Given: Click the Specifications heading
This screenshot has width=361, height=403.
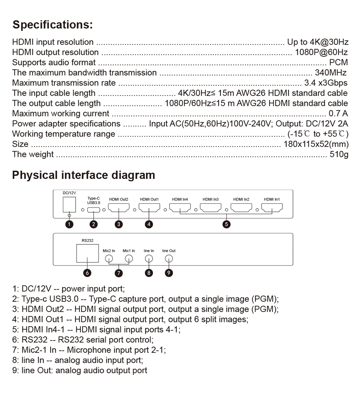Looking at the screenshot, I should (x=52, y=25).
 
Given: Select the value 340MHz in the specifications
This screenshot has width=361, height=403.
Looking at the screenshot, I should (x=331, y=72).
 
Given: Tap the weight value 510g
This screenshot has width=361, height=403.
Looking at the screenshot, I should (x=339, y=154).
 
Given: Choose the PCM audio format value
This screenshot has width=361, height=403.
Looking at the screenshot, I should (x=338, y=62).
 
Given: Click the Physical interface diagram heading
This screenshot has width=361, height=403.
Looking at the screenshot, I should (x=83, y=175).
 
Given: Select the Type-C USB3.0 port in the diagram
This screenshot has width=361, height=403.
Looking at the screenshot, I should (x=93, y=210).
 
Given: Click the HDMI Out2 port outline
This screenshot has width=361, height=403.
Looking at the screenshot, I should (x=119, y=208).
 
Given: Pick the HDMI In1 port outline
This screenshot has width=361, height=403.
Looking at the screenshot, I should (x=272, y=208).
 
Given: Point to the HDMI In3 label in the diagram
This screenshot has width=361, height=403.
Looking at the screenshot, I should (x=211, y=199).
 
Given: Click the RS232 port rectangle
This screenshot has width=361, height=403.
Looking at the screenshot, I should (x=87, y=253).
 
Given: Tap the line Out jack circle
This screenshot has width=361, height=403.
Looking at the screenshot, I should (x=169, y=259).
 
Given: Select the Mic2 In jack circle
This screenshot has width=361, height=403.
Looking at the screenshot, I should (x=109, y=259).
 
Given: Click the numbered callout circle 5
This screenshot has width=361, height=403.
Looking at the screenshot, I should (x=226, y=224).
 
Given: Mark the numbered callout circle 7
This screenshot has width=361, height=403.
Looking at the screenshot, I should (x=119, y=273).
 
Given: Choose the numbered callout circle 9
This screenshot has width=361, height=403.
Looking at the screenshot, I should (x=169, y=273).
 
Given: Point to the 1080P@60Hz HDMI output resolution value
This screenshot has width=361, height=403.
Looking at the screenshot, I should (x=321, y=52).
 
